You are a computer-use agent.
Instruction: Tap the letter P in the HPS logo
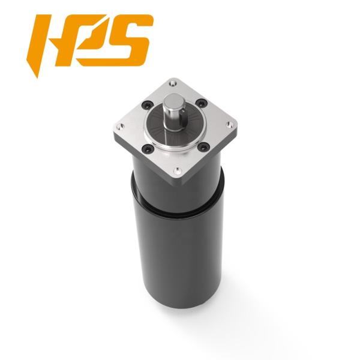point(90,39)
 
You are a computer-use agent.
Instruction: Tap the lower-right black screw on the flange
point(203,146)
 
